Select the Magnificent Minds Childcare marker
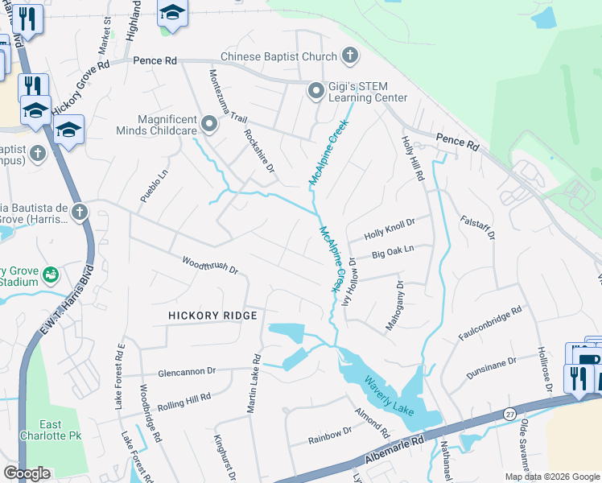pos(210,124)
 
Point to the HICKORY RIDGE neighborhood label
pos(212,316)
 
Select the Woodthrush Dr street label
pos(209,265)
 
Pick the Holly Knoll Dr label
pos(389,228)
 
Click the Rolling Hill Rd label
pos(183,402)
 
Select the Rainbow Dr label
pos(331,440)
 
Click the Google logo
pos(27,473)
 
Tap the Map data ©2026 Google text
pos(551,477)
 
